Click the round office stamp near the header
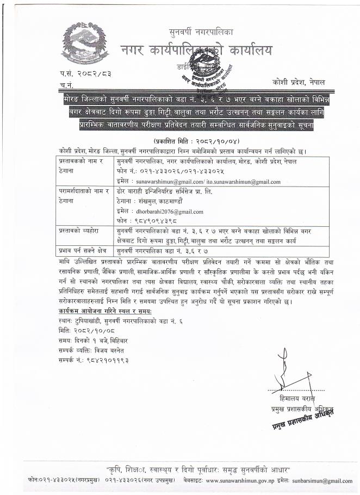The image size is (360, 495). click(217, 72)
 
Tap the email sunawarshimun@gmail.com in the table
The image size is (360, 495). click(159, 182)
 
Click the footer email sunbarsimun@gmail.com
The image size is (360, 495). click(321, 481)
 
